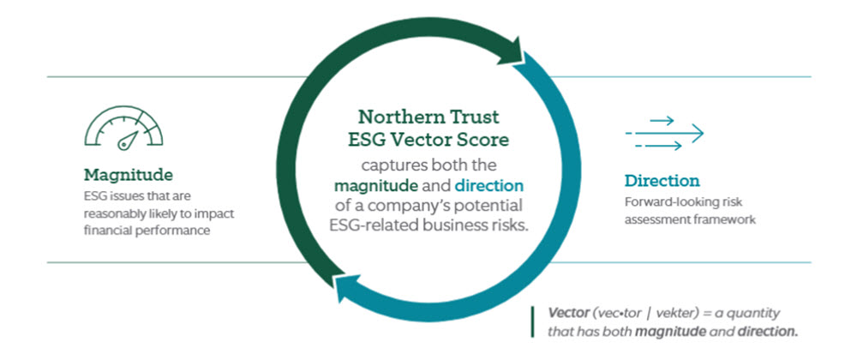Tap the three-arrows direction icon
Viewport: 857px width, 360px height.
click(664, 133)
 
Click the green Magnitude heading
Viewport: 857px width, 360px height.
click(128, 176)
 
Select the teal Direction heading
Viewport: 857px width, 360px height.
click(662, 181)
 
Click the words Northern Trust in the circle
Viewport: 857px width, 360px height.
click(428, 117)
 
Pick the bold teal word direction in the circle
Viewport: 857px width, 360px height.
click(488, 186)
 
